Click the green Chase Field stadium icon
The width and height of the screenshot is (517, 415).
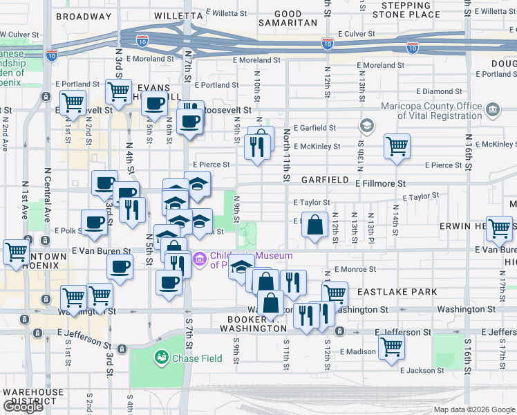click(x=161, y=358)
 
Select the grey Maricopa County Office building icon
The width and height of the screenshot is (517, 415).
click(x=493, y=110)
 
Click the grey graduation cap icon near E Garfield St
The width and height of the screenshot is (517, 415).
click(x=365, y=126)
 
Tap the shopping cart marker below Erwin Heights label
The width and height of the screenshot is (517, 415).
click(x=499, y=228)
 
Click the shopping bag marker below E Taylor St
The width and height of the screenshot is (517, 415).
click(x=314, y=225)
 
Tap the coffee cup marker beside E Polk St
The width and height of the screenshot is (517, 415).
click(x=94, y=222)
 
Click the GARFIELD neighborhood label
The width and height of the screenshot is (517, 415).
click(x=325, y=179)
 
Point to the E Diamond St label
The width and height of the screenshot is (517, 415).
click(x=439, y=91)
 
